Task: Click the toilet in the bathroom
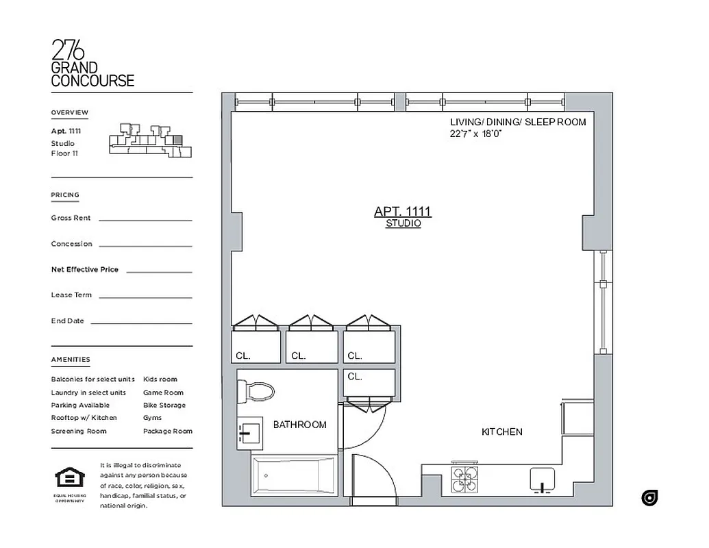tap(256, 392)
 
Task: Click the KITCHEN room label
tap(501, 432)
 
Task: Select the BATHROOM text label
tap(299, 425)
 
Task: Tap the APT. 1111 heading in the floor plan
tap(403, 212)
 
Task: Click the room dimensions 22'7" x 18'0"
tap(476, 134)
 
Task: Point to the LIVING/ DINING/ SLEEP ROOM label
tap(518, 122)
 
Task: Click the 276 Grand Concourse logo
tap(92, 63)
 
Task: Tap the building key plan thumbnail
tap(147, 141)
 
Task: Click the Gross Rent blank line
tap(145, 219)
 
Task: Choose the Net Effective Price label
tap(84, 269)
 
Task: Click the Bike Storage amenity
tap(164, 405)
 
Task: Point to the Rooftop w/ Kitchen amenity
tap(84, 417)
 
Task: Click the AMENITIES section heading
tap(70, 360)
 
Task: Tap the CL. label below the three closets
tap(354, 376)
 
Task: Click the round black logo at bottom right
tap(649, 498)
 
